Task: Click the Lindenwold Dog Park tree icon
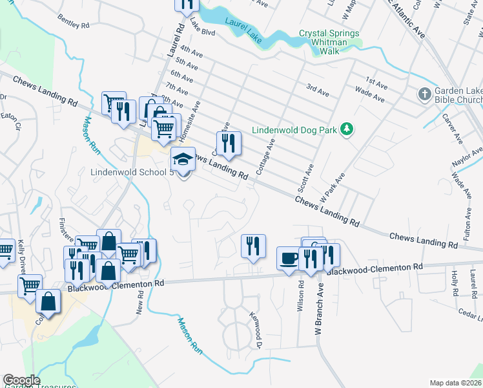point(347,130)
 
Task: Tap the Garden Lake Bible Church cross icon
point(424,94)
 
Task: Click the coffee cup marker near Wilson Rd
point(288,257)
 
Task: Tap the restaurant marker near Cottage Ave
point(228,144)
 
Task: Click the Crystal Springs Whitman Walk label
point(329,38)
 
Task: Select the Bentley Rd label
point(73,23)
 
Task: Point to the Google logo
point(21,380)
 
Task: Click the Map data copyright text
point(456,383)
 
